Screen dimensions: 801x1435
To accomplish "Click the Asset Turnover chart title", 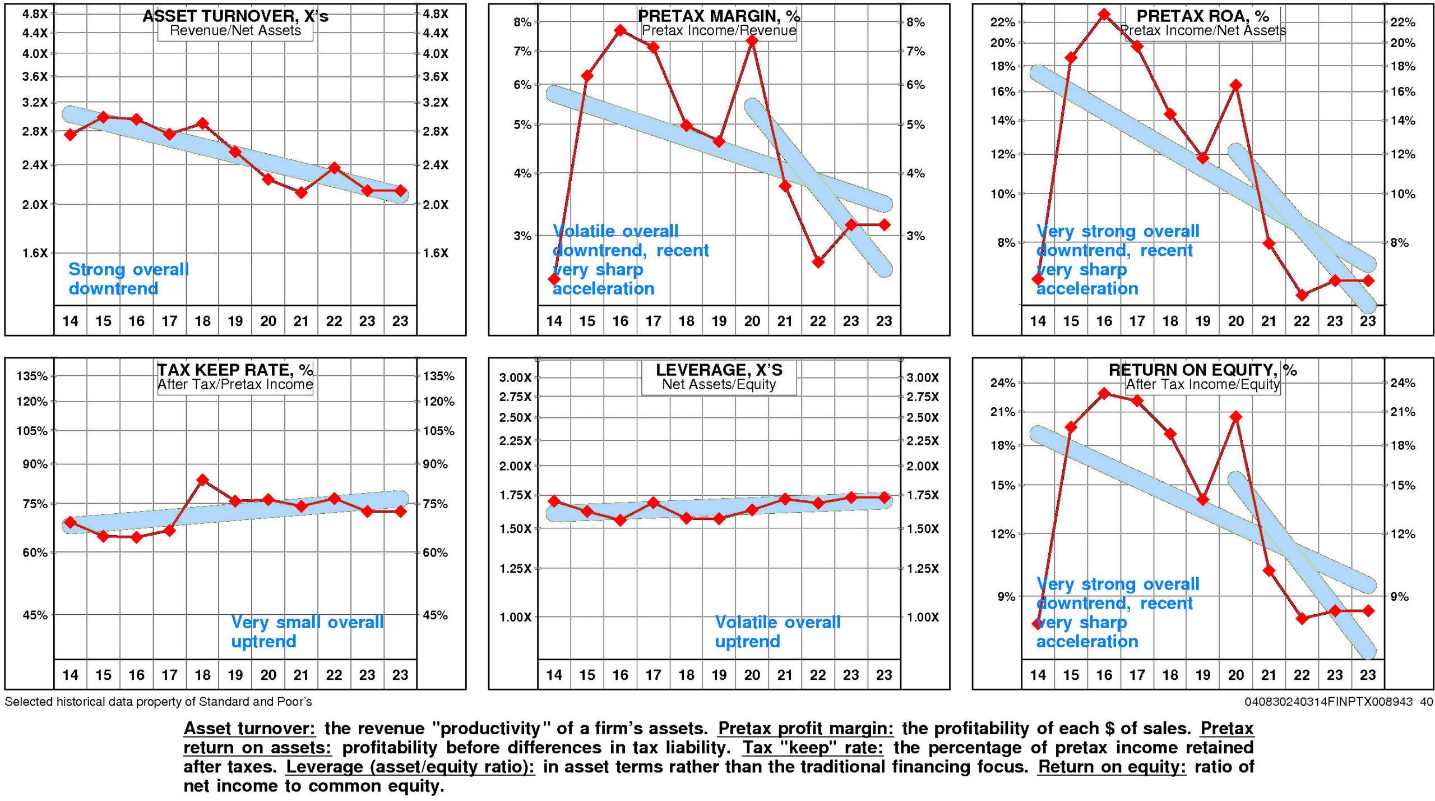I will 235,16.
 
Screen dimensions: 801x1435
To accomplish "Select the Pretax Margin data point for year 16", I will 620,30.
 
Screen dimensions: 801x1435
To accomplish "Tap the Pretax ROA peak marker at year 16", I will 1104,15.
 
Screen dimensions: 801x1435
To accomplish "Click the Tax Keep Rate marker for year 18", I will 202,480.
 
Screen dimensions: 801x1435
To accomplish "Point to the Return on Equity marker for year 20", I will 1235,417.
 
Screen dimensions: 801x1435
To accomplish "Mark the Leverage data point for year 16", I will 620,520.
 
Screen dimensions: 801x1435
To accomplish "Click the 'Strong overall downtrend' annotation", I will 128,279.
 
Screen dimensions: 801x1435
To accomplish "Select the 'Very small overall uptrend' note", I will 307,632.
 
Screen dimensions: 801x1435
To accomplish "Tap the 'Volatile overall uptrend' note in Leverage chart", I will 777,632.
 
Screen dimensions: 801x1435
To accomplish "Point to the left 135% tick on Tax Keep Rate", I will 32,376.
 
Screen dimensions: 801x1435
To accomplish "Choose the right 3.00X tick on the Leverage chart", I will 923,378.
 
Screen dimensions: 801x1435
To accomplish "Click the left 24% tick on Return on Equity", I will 1003,383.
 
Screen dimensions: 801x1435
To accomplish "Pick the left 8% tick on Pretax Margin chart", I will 522,22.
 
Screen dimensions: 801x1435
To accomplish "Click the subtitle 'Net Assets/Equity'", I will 719,385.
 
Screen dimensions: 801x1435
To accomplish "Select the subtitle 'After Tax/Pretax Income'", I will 235,385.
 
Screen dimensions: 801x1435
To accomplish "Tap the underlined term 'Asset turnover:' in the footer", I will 249,729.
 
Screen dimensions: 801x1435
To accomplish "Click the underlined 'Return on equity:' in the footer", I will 1112,767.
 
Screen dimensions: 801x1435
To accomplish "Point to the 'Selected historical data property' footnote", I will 158,702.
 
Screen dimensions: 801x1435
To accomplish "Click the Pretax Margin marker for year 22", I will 818,262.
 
